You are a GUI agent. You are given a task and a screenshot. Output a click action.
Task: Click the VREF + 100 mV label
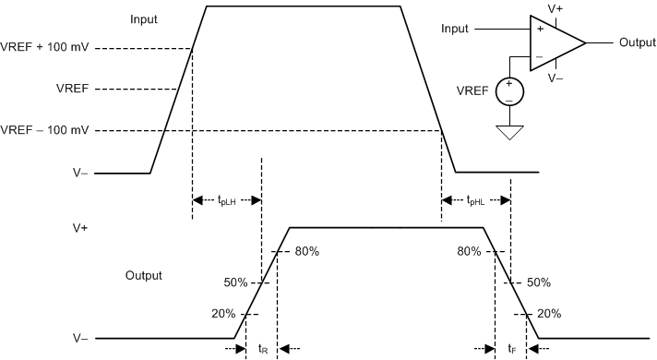coord(44,48)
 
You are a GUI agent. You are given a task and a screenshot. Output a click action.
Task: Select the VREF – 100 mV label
coord(44,128)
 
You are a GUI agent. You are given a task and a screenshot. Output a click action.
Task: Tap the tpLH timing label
coord(227,199)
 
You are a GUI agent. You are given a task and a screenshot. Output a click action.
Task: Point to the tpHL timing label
coord(476,199)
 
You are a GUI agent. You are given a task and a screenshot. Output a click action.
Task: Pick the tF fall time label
coord(512,349)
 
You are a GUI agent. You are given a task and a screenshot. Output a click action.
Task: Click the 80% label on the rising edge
coord(306,250)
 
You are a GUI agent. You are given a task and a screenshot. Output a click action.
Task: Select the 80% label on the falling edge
coord(469,250)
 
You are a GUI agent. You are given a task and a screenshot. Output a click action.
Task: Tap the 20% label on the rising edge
coord(223,313)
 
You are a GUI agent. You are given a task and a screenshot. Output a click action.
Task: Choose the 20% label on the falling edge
coord(549,313)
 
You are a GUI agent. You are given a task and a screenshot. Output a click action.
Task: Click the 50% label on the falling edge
coord(539,282)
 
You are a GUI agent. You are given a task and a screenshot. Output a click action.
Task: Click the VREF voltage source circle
coord(508,90)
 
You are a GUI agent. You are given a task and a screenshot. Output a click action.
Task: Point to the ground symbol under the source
coord(508,132)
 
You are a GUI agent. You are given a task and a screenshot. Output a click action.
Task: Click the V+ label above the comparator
coord(555,8)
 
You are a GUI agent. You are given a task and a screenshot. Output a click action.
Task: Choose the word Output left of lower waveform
coord(144,275)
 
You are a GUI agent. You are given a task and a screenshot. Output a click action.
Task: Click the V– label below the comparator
coord(555,78)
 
